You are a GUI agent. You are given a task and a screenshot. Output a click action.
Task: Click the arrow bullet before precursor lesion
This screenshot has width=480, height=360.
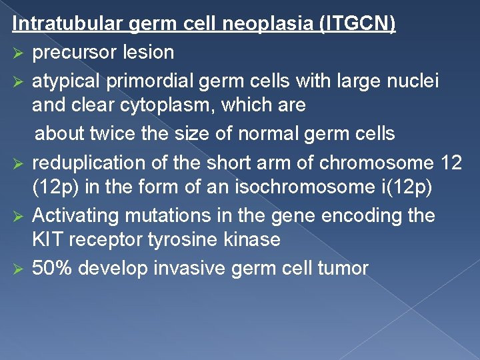click(19, 52)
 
